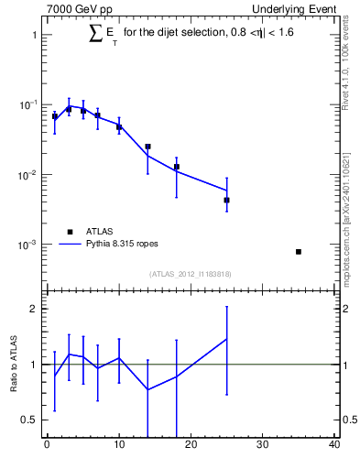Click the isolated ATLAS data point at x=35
298,251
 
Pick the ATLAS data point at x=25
226,200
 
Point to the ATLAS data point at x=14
147,147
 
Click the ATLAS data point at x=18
176,167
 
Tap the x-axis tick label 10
118,445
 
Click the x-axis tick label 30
262,445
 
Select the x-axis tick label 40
333,445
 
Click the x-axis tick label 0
47,445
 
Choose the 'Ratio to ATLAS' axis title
14,365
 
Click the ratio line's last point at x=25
226,339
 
